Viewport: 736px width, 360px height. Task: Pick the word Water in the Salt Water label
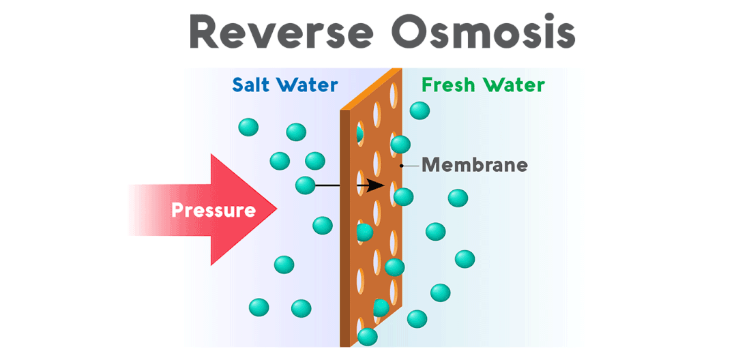[x=310, y=85]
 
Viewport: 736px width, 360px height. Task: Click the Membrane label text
[x=474, y=164]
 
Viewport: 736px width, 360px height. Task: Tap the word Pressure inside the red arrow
[x=214, y=210]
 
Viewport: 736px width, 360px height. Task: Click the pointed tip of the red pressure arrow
[x=276, y=210]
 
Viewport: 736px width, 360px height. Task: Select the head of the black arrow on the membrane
[x=380, y=185]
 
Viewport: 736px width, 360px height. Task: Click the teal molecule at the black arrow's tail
[x=306, y=185]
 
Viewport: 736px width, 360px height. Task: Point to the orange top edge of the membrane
[x=372, y=89]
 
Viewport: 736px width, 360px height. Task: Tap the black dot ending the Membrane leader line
[x=402, y=165]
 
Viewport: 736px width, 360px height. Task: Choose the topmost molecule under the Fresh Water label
[x=419, y=110]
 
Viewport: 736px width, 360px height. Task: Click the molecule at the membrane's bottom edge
[x=368, y=337]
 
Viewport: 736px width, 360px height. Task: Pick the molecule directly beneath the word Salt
[x=248, y=127]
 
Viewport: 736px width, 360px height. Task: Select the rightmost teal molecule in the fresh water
[x=465, y=259]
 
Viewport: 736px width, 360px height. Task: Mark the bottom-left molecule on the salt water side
[x=259, y=307]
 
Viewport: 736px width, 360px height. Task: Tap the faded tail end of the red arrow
[x=136, y=210]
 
